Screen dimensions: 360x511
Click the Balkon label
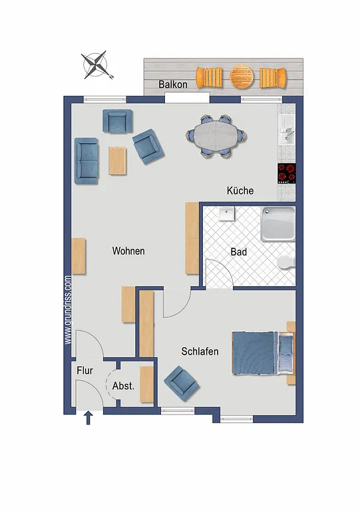tap(172, 85)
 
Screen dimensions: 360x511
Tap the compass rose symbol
tap(96, 65)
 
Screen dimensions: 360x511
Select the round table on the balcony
tap(242, 77)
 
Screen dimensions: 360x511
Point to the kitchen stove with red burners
tap(287, 173)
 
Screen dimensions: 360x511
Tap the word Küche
tap(240, 191)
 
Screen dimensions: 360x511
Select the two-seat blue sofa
tap(87, 160)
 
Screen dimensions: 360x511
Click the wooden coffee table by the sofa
tap(118, 160)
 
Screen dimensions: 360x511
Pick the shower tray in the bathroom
tap(278, 224)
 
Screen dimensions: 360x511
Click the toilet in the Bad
tap(286, 262)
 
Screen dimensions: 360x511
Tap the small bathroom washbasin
tap(227, 214)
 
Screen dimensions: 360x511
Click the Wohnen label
tap(128, 251)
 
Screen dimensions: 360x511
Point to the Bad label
tap(239, 252)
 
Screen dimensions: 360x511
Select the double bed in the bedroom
tap(263, 353)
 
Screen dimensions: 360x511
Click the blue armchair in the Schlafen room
tap(182, 383)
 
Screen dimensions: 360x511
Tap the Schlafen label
tap(200, 351)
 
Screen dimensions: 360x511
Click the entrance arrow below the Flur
tap(88, 418)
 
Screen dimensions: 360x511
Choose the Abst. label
tap(123, 386)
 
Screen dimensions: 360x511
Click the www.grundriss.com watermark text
tap(68, 310)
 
